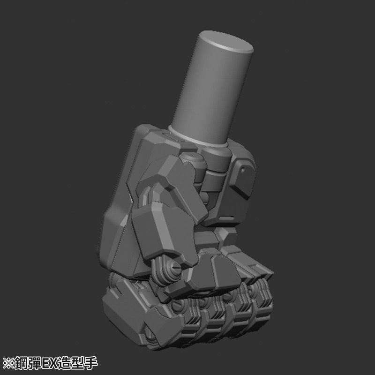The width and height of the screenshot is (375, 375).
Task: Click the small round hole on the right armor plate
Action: click(243, 170)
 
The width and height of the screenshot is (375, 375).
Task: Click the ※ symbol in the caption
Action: click(8, 363)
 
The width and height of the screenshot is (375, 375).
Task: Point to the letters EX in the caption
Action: click(49, 363)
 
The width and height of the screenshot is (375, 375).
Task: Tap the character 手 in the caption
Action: click(90, 363)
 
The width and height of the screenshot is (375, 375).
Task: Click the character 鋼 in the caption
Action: click(21, 363)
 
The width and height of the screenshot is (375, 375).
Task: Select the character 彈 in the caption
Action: click(35, 363)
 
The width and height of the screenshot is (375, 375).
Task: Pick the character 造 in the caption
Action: click(64, 363)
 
